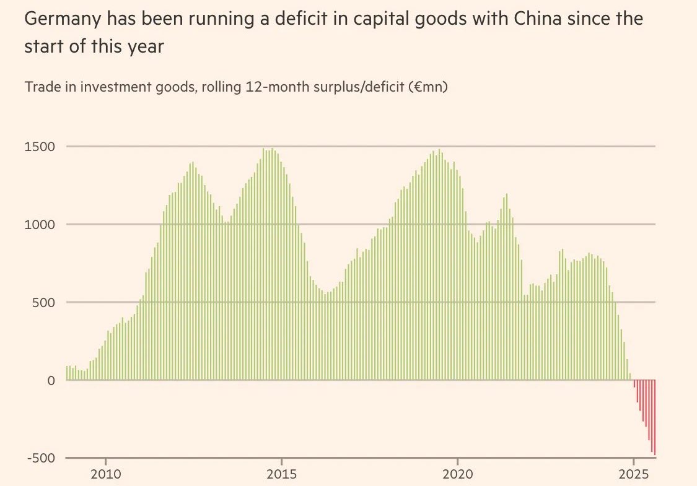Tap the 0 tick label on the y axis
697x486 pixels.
(52, 380)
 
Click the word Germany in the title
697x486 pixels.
(61, 19)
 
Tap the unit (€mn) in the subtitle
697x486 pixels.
(428, 87)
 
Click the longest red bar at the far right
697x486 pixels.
(654, 418)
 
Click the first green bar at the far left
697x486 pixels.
(67, 373)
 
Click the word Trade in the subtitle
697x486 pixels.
(40, 87)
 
